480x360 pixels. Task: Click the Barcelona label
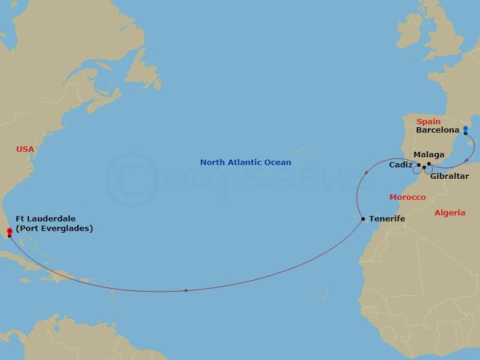point(437,130)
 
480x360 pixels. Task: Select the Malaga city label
point(429,155)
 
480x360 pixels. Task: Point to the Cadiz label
point(400,164)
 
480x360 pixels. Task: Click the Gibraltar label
point(450,176)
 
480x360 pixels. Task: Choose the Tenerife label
point(387,219)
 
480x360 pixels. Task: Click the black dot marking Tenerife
point(363,219)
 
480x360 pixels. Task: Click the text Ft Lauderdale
point(50,219)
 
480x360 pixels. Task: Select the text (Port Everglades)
point(55,229)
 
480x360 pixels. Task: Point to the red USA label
point(25,149)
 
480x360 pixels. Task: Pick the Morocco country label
point(407,197)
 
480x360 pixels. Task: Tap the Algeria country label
point(450,213)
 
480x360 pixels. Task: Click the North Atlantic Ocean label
point(245,163)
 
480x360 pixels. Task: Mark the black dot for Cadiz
point(419,164)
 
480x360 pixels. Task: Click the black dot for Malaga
point(429,163)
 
